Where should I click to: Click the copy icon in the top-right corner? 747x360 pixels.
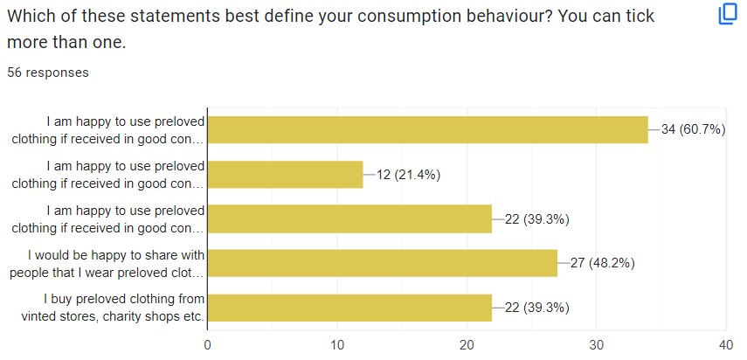(728, 15)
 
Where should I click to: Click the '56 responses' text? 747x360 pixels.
(48, 73)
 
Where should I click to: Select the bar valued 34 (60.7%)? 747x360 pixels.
(428, 130)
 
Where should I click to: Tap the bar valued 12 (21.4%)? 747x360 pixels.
(286, 175)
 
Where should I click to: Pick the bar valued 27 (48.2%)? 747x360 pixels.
(383, 263)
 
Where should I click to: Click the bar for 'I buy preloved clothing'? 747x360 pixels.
(349, 308)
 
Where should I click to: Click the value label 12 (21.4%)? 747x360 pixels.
(408, 175)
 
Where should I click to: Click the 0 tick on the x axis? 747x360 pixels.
(208, 344)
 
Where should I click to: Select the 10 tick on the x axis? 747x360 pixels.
(337, 344)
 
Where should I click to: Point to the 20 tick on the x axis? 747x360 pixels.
(467, 344)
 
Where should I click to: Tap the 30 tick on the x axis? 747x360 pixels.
(597, 344)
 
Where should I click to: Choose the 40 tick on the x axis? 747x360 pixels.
(726, 344)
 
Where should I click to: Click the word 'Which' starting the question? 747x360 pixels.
(29, 16)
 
